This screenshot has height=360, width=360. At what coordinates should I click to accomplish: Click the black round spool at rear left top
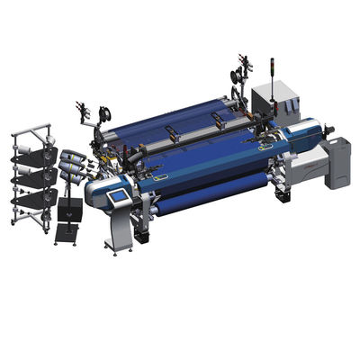tap(105, 114)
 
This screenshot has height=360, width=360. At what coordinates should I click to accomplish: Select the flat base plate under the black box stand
tap(67, 236)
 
